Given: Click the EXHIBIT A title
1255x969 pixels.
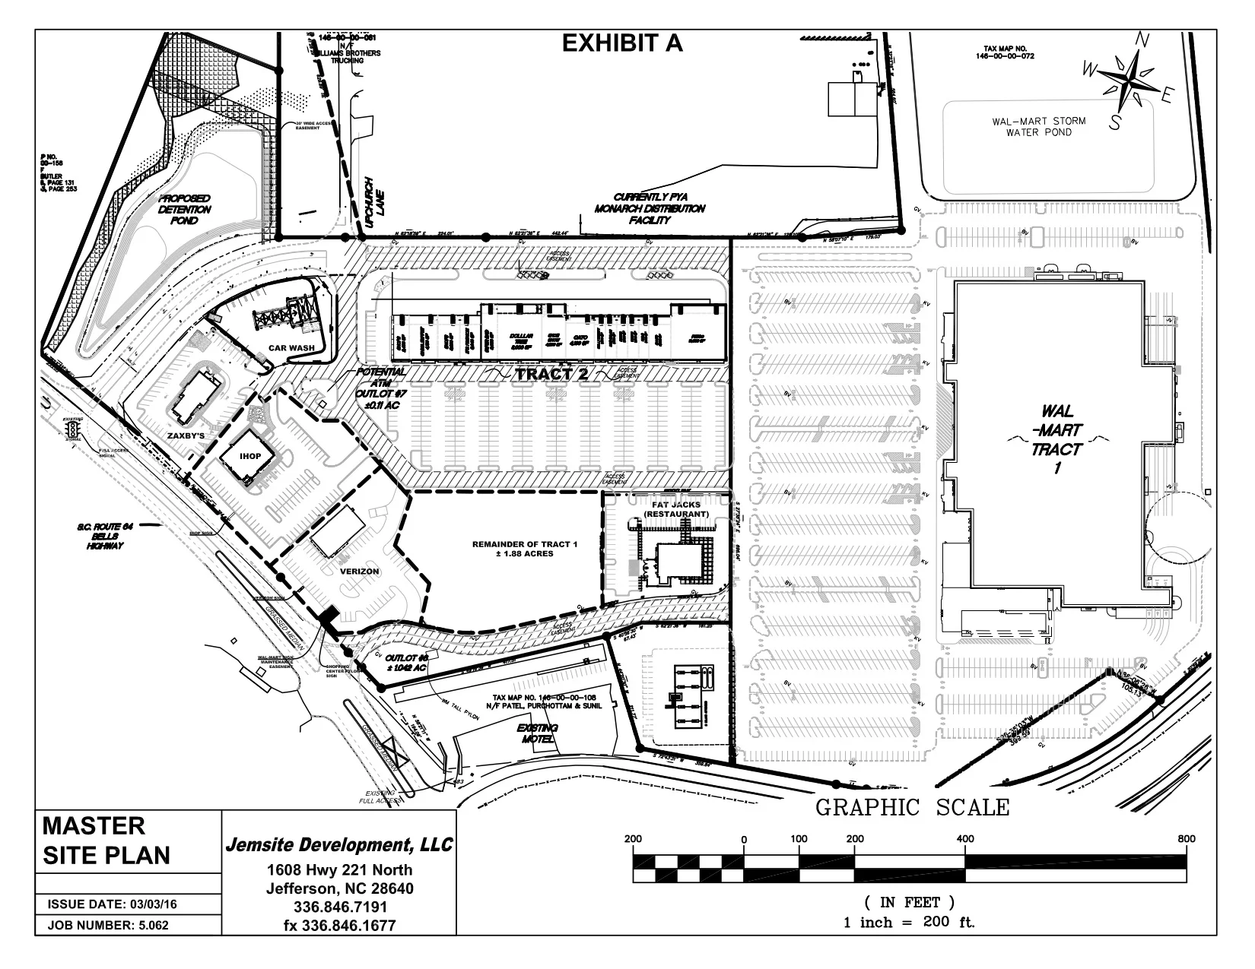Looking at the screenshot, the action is click(x=621, y=44).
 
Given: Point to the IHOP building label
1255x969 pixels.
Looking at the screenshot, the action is click(x=250, y=456).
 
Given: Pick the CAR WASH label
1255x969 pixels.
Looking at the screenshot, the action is click(x=286, y=348).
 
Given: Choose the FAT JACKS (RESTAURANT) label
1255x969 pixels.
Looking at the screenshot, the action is click(x=676, y=508).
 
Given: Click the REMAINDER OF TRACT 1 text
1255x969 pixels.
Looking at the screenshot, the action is click(x=513, y=549).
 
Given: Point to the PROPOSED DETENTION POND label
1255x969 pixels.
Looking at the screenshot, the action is click(x=185, y=209).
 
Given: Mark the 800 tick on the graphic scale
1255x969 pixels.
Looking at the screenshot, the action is click(x=1186, y=839).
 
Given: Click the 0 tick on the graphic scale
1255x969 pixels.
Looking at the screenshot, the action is click(x=745, y=839).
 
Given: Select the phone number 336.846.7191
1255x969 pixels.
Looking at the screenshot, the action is click(x=340, y=907).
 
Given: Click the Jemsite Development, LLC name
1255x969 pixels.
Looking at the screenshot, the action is click(x=339, y=845).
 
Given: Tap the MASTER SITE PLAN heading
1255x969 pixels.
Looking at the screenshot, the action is click(x=106, y=841).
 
